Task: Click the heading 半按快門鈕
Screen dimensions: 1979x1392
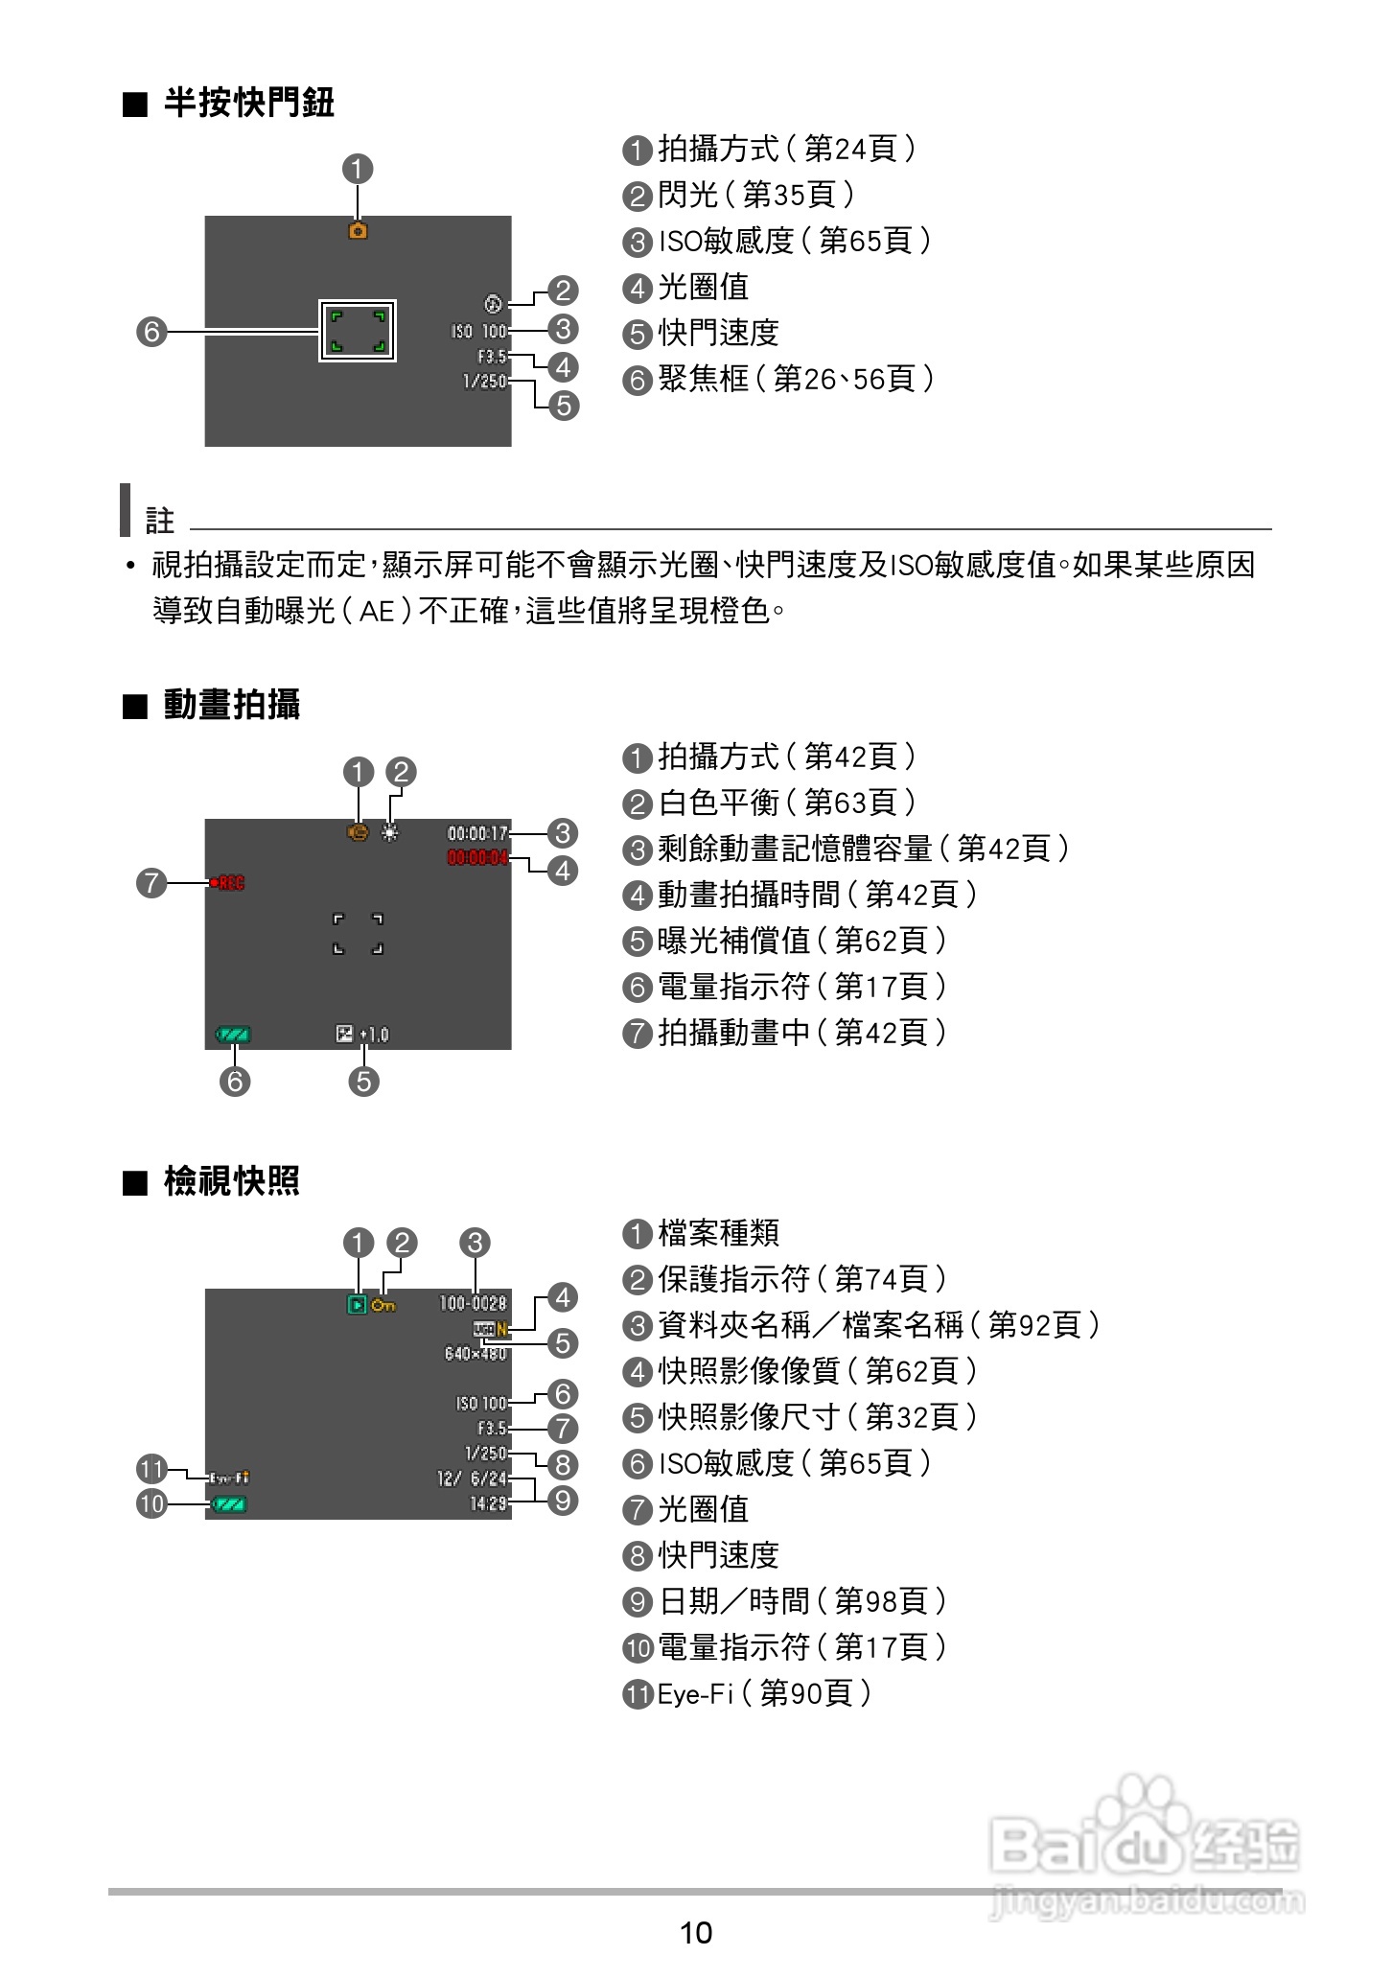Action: (x=248, y=103)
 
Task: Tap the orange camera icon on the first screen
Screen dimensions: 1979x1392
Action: (x=358, y=231)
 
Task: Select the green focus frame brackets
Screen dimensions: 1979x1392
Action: (x=358, y=331)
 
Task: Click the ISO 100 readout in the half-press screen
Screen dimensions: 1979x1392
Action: (x=479, y=332)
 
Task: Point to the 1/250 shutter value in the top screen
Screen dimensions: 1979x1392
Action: (x=485, y=382)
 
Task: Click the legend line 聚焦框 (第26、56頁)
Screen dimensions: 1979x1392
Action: (x=778, y=380)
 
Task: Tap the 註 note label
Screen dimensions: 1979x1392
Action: (x=160, y=522)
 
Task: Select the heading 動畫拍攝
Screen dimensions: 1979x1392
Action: (x=231, y=705)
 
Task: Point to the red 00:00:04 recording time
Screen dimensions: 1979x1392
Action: (x=477, y=857)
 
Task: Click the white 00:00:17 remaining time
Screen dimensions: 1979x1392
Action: (x=477, y=833)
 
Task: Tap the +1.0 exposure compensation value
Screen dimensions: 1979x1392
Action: (x=374, y=1035)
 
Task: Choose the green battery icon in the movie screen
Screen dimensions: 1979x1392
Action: (x=234, y=1035)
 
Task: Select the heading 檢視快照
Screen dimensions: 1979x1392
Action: (x=231, y=1181)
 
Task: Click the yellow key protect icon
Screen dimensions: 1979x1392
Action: (x=383, y=1305)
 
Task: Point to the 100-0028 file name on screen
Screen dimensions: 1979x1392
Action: (x=473, y=1303)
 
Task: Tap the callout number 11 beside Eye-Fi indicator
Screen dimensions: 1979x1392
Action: (x=152, y=1469)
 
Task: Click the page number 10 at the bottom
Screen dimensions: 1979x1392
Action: (x=696, y=1933)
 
